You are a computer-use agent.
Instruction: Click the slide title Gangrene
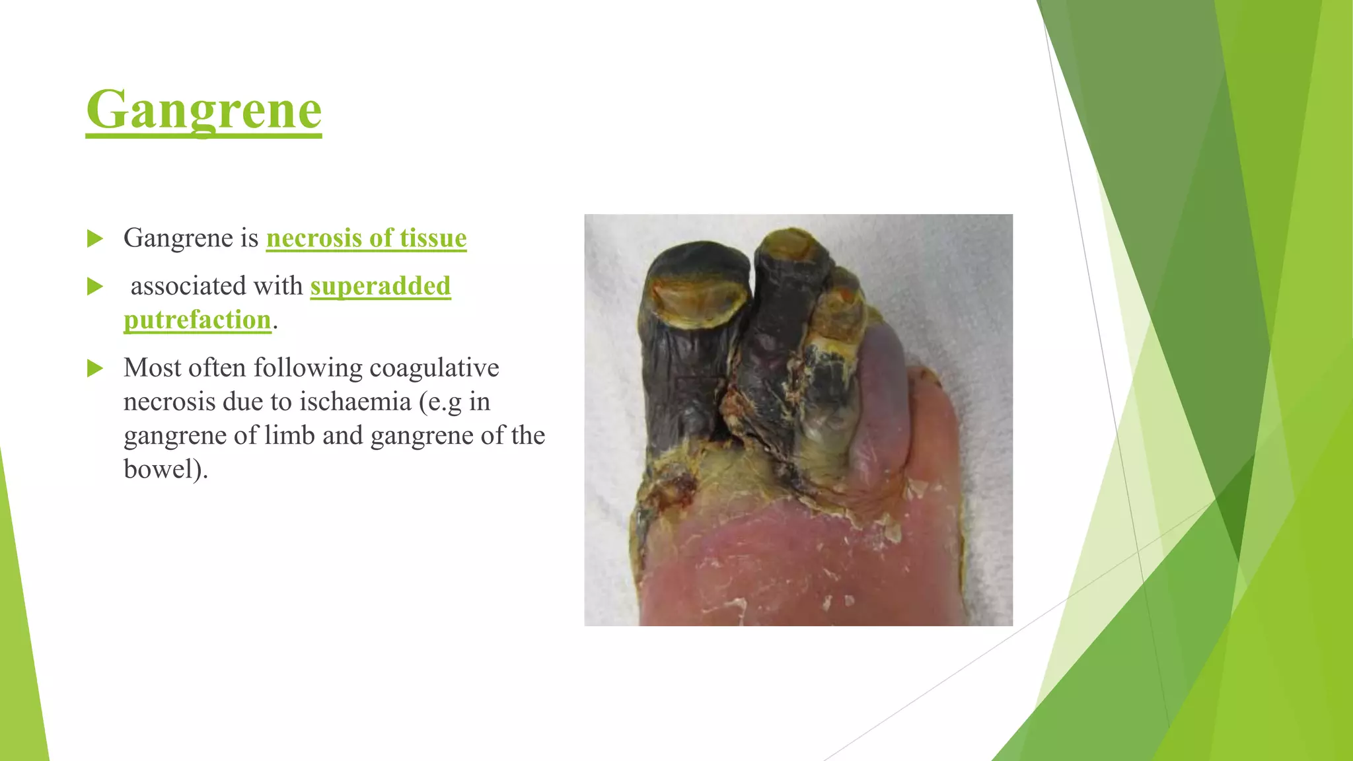click(203, 110)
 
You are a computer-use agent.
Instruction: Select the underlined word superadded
click(381, 286)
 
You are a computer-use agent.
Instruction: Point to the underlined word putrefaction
click(198, 320)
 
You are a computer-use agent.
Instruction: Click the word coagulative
click(434, 368)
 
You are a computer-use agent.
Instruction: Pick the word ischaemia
click(355, 402)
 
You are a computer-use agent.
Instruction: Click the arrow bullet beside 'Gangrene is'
click(95, 238)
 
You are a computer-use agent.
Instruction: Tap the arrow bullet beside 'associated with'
click(95, 287)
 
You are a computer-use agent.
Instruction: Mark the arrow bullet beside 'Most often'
click(95, 369)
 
